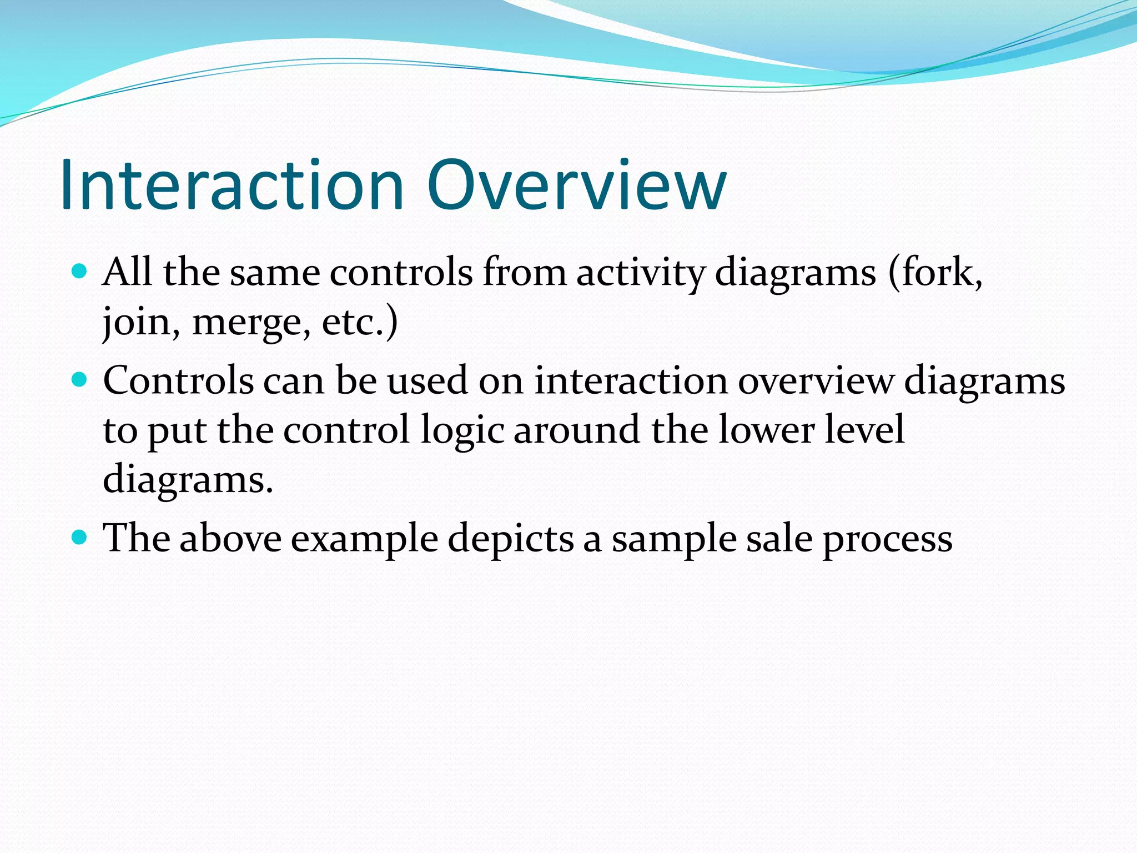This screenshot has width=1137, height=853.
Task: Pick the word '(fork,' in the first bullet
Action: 935,273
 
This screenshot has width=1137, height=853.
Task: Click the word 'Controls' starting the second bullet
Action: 178,381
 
